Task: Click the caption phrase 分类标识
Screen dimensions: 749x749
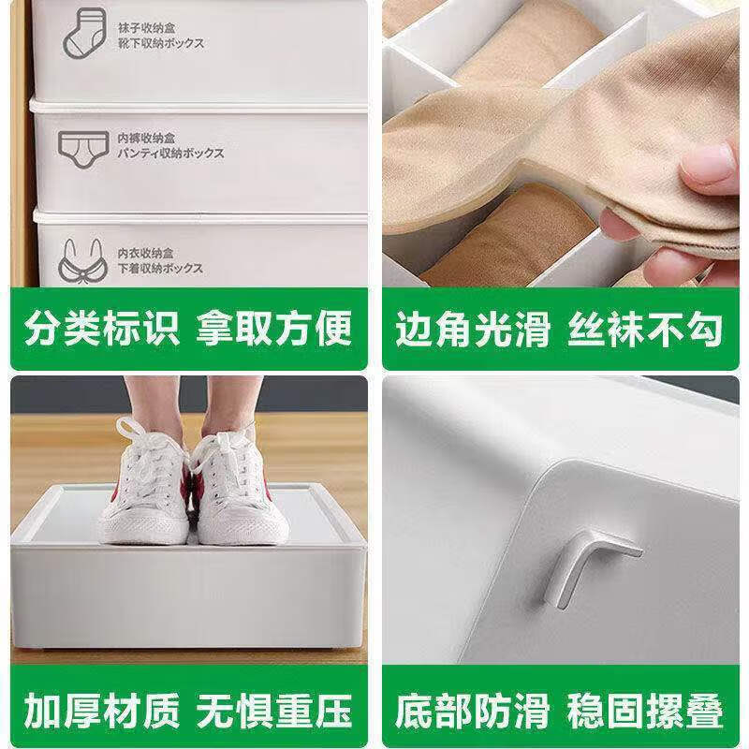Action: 101,330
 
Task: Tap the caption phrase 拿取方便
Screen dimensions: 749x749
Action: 274,330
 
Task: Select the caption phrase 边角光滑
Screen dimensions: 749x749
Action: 472,330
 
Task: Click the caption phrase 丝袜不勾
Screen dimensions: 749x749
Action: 646,330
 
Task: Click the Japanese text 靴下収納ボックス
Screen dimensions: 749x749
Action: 161,43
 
